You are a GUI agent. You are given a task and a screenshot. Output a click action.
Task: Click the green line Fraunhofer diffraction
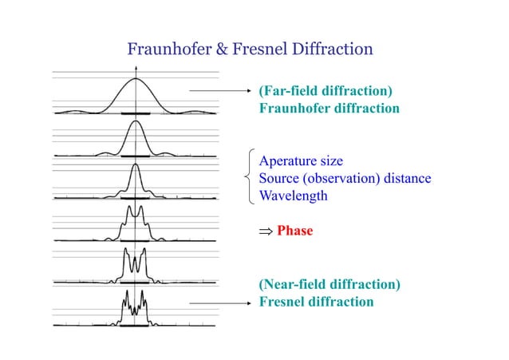click(329, 108)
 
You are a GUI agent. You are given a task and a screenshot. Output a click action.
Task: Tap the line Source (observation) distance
click(345, 178)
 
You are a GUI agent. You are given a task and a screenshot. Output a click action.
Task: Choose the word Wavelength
click(294, 195)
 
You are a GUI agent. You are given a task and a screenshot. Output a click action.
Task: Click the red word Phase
click(295, 231)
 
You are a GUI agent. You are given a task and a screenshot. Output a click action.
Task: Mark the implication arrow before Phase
click(266, 231)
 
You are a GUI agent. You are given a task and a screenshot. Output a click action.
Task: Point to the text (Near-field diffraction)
click(329, 284)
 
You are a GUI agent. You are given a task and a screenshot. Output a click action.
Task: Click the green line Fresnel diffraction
click(316, 302)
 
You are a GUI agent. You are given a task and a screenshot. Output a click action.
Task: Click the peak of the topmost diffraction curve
click(136, 79)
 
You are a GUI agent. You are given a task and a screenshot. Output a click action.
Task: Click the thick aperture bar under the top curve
click(136, 115)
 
